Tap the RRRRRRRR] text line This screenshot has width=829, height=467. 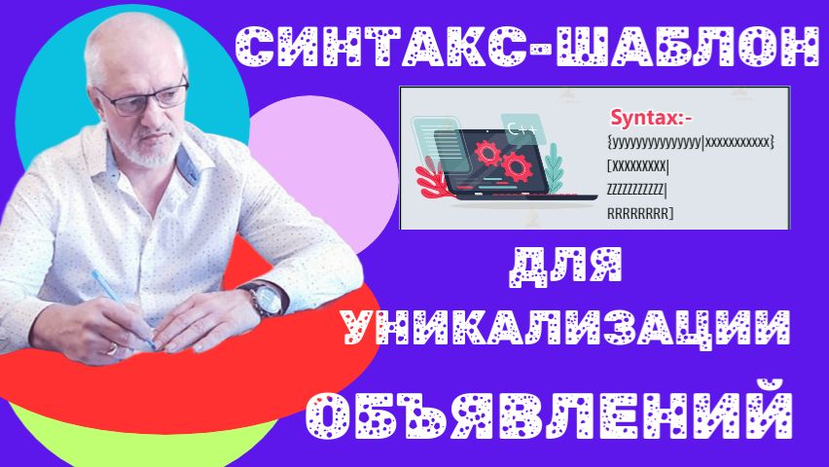click(x=639, y=211)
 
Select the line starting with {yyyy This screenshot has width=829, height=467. click(x=689, y=143)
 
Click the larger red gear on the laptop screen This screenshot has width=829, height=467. click(x=486, y=155)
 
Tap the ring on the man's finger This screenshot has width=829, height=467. click(x=112, y=347)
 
